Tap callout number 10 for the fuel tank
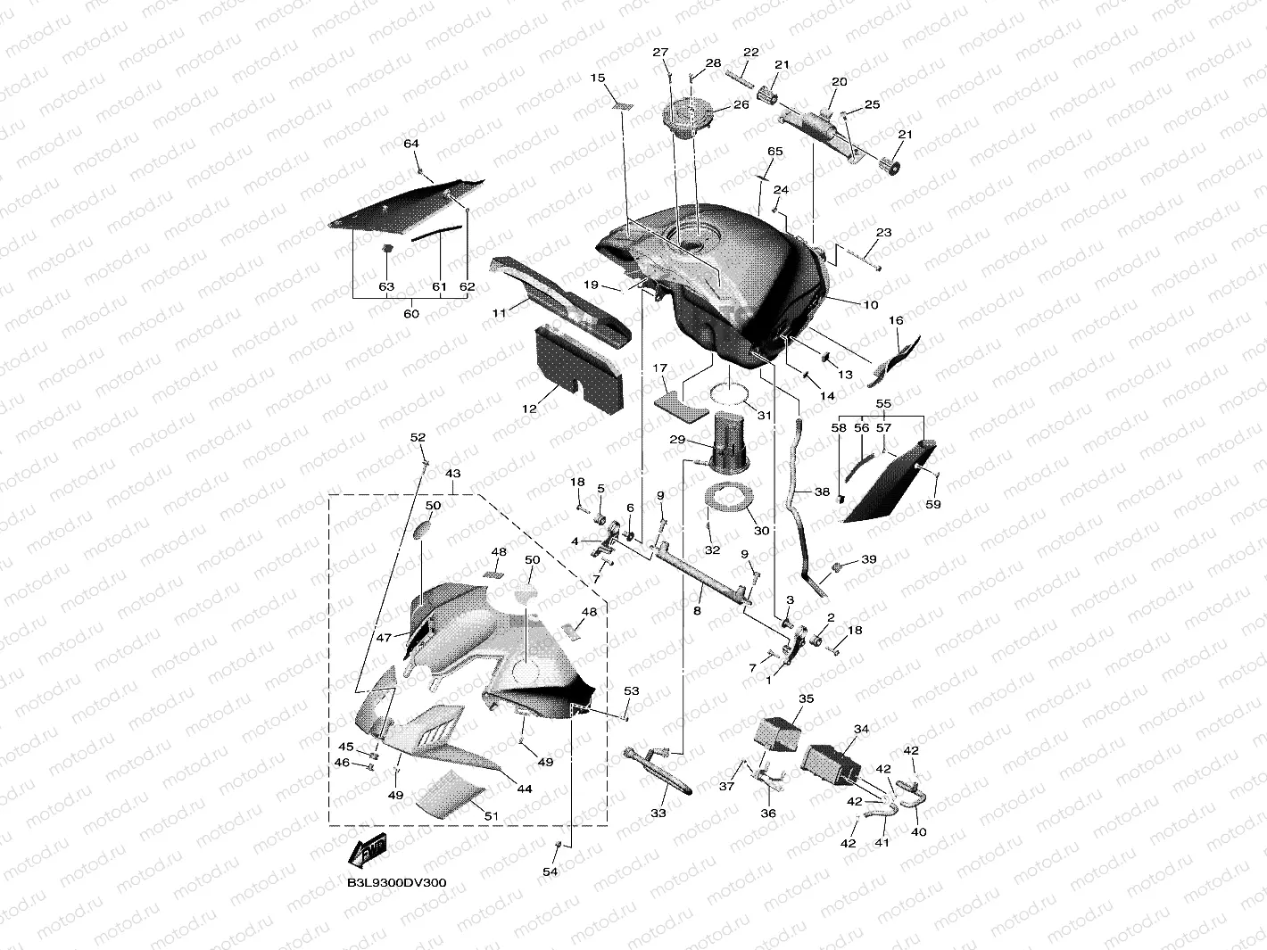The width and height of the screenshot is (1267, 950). click(871, 305)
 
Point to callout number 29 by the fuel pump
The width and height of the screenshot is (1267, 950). click(677, 440)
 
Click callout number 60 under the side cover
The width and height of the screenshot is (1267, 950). click(411, 314)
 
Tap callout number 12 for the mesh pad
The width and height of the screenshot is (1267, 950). click(529, 409)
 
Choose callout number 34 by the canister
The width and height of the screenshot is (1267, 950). click(861, 730)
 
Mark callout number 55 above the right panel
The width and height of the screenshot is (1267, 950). click(883, 403)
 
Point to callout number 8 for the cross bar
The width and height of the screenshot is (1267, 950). click(697, 612)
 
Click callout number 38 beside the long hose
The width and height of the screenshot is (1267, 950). click(822, 492)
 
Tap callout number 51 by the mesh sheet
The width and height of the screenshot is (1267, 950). click(491, 815)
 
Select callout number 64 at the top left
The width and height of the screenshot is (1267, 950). click(411, 144)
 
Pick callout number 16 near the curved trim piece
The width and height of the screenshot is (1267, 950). click(896, 320)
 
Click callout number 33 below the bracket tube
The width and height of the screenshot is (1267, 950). click(658, 814)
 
